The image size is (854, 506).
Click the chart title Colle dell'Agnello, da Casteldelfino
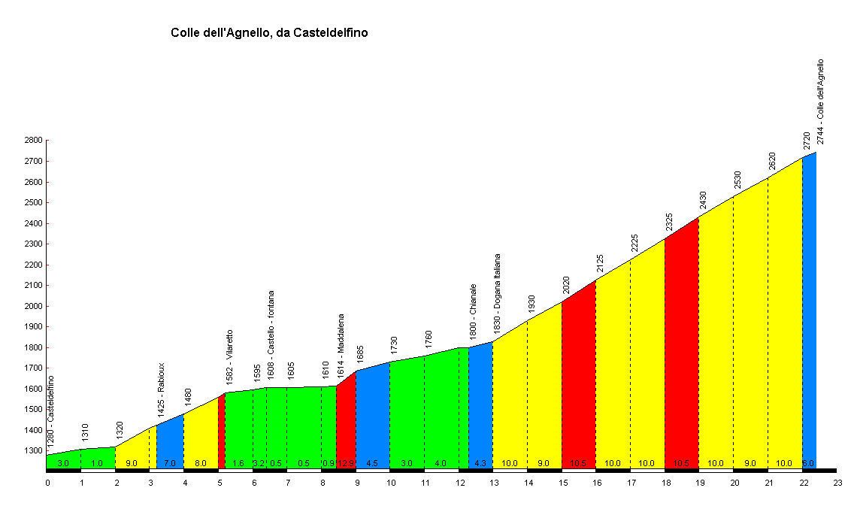point(269,33)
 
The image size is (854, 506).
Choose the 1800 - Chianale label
point(473,312)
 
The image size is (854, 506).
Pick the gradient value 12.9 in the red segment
point(346,463)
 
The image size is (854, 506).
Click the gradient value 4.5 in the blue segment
point(372,463)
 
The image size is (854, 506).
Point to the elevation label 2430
point(703,199)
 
